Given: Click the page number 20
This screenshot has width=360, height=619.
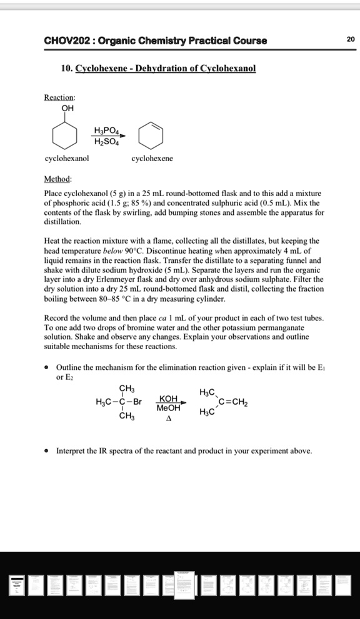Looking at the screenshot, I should tap(351, 39).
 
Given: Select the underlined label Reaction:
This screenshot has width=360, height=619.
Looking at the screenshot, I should tap(59, 97).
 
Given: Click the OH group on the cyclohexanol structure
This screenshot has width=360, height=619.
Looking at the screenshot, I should tap(67, 108).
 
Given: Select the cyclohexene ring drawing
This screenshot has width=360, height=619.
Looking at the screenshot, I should tap(152, 135).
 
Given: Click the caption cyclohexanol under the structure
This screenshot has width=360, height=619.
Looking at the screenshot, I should tap(66, 159).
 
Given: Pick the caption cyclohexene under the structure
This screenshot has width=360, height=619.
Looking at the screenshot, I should tap(152, 159).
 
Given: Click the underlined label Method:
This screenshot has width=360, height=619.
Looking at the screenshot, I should tap(58, 179).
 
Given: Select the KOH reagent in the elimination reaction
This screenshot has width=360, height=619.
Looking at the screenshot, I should tap(169, 399).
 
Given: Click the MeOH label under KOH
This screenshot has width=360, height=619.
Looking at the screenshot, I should tap(169, 408).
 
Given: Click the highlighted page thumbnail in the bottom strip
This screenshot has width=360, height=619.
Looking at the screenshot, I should tap(184, 585).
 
